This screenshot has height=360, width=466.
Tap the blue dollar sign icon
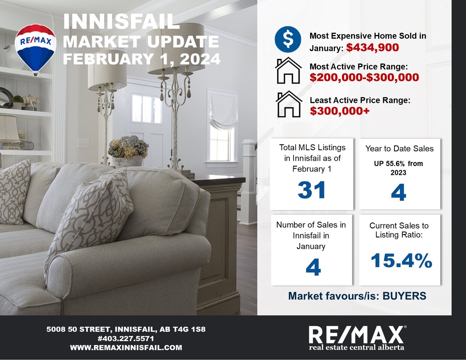tap(288, 39)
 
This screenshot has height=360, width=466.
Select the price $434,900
tap(373, 47)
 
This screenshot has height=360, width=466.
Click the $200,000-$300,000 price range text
tap(364, 77)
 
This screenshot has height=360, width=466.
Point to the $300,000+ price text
tap(340, 111)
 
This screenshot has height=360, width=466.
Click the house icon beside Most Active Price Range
tap(288, 70)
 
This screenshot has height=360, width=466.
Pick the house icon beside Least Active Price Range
tap(289, 104)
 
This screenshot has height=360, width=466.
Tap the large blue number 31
tap(312, 190)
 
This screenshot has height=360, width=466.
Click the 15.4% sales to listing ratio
tap(401, 261)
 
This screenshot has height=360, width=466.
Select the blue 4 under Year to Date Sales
tap(399, 192)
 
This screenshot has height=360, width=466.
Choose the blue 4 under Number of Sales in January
tap(313, 267)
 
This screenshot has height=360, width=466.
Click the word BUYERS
tap(404, 296)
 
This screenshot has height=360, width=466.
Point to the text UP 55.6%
tap(389, 164)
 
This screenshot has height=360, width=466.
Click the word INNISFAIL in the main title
tap(121, 21)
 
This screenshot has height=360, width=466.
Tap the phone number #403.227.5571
tap(126, 339)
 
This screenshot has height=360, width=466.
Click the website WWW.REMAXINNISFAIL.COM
tap(126, 348)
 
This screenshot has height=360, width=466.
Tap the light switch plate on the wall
tap(83, 142)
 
